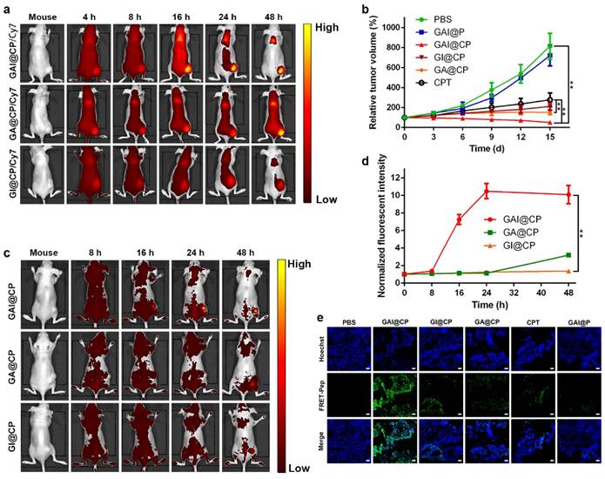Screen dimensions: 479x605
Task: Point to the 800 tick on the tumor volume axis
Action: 394,46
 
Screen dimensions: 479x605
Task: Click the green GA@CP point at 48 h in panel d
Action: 568,255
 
